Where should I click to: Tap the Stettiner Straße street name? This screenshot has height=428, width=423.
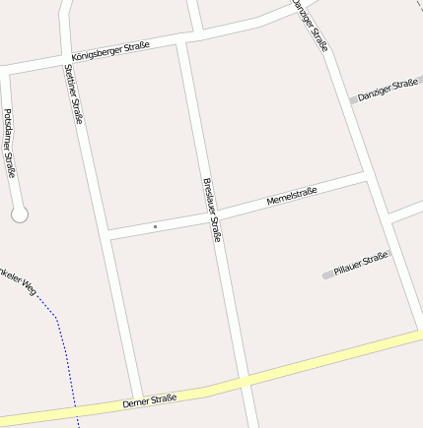[74, 93]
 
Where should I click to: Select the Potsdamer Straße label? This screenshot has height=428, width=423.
[10, 143]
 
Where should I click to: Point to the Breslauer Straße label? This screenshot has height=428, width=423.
[211, 210]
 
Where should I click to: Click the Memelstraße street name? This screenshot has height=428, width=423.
[292, 197]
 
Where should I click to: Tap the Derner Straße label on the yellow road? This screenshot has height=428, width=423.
[150, 400]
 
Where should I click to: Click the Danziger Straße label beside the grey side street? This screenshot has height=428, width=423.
[388, 91]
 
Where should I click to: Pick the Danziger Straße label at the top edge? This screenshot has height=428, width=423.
[310, 25]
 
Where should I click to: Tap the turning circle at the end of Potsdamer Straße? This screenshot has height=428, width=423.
[19, 214]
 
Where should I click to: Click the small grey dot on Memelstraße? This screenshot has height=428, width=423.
[155, 227]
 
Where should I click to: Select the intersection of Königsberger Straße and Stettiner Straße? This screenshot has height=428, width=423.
[67, 56]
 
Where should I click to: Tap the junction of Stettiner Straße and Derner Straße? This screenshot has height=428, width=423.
[137, 396]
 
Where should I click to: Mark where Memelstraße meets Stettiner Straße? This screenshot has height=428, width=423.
[107, 234]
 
